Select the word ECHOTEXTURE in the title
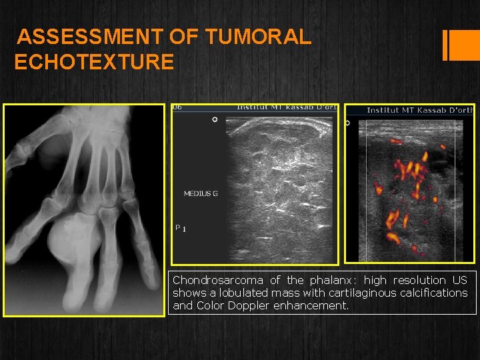pyautogui.click(x=94, y=63)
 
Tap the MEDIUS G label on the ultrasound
pyautogui.click(x=201, y=194)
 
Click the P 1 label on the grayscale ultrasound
pyautogui.click(x=181, y=229)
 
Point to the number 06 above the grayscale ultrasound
pyautogui.click(x=177, y=107)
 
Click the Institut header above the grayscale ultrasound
pyautogui.click(x=287, y=107)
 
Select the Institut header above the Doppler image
pyautogui.click(x=420, y=110)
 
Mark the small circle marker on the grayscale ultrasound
pyautogui.click(x=215, y=119)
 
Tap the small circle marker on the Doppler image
pyautogui.click(x=347, y=123)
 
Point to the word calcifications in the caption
pyautogui.click(x=431, y=293)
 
